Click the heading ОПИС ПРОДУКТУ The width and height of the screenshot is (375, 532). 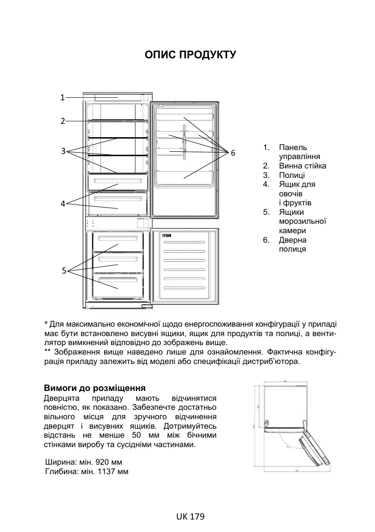click(x=190, y=55)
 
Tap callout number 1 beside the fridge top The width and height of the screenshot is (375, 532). click(x=62, y=97)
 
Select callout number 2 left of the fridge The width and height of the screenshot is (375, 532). click(x=62, y=121)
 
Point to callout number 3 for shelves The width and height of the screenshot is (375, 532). click(x=63, y=151)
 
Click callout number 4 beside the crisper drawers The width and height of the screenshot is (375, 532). click(x=63, y=204)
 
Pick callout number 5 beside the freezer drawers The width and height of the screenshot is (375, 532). click(x=63, y=271)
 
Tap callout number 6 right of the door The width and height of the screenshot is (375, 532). click(x=233, y=153)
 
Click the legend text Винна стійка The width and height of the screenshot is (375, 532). click(x=302, y=166)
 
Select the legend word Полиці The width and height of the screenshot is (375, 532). click(x=292, y=175)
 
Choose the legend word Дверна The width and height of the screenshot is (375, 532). click(x=293, y=240)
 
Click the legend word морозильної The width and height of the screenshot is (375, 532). click(x=303, y=221)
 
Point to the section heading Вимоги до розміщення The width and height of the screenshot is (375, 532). click(x=95, y=388)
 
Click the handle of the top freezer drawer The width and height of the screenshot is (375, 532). click(x=118, y=237)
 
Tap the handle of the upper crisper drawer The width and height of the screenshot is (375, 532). click(x=118, y=181)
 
